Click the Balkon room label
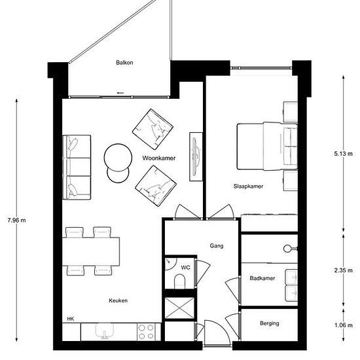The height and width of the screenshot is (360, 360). point(124,62)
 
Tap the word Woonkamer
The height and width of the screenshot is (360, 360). point(159,158)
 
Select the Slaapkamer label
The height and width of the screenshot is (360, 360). point(248,186)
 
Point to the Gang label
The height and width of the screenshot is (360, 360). point(217,246)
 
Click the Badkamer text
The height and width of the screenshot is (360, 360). point(262,278)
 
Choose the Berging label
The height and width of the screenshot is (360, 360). point(270,323)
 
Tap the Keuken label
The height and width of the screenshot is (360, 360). point(118,300)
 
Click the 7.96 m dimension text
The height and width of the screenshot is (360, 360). point(16,221)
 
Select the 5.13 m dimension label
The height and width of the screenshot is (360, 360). point(343,154)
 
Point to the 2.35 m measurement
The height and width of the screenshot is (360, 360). point(343,270)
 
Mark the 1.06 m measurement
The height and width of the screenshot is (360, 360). point(343,325)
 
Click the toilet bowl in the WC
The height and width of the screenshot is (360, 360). point(180,281)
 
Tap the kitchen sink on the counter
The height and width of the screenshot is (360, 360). point(105,331)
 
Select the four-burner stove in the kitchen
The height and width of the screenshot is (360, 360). point(146,332)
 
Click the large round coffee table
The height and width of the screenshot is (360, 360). point(118,158)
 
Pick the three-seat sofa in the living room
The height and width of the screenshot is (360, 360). point(77,167)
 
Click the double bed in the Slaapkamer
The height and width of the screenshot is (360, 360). point(267,146)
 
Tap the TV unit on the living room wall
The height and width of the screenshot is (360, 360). point(196,157)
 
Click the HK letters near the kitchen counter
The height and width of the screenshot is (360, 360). point(71,319)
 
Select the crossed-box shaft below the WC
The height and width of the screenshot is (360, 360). point(179,308)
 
